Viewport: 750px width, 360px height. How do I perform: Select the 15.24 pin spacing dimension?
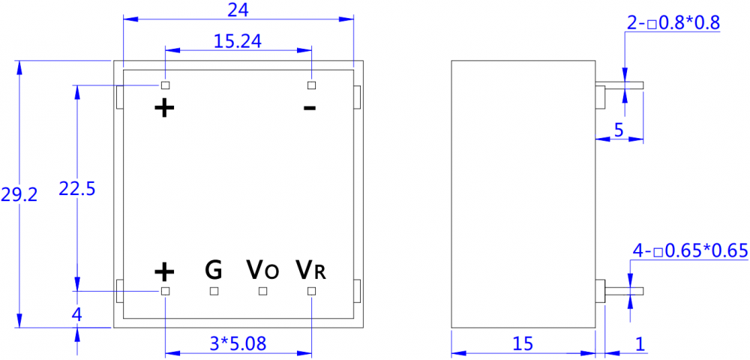237,41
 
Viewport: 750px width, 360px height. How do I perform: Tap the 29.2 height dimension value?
17,195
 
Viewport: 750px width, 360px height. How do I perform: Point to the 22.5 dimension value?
76,189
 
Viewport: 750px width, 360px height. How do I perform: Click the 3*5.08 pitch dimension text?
238,343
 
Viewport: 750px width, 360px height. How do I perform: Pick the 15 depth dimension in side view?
523,343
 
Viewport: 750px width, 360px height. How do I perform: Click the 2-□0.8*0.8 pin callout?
673,23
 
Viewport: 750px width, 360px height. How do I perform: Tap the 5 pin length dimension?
619,130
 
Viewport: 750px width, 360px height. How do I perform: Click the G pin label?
214,268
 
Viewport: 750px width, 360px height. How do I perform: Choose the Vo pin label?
262,268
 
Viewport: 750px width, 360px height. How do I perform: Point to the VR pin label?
311,268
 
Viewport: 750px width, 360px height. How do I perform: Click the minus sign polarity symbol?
310,109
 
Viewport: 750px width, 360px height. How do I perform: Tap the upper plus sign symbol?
164,108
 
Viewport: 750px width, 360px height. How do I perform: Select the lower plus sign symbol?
164,270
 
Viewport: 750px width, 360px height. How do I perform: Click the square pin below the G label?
214,290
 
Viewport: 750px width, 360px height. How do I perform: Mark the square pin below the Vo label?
262,290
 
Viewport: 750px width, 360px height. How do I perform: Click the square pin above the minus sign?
312,85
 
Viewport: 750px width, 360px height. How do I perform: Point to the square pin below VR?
312,290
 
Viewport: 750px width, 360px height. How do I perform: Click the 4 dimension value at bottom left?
76,315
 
